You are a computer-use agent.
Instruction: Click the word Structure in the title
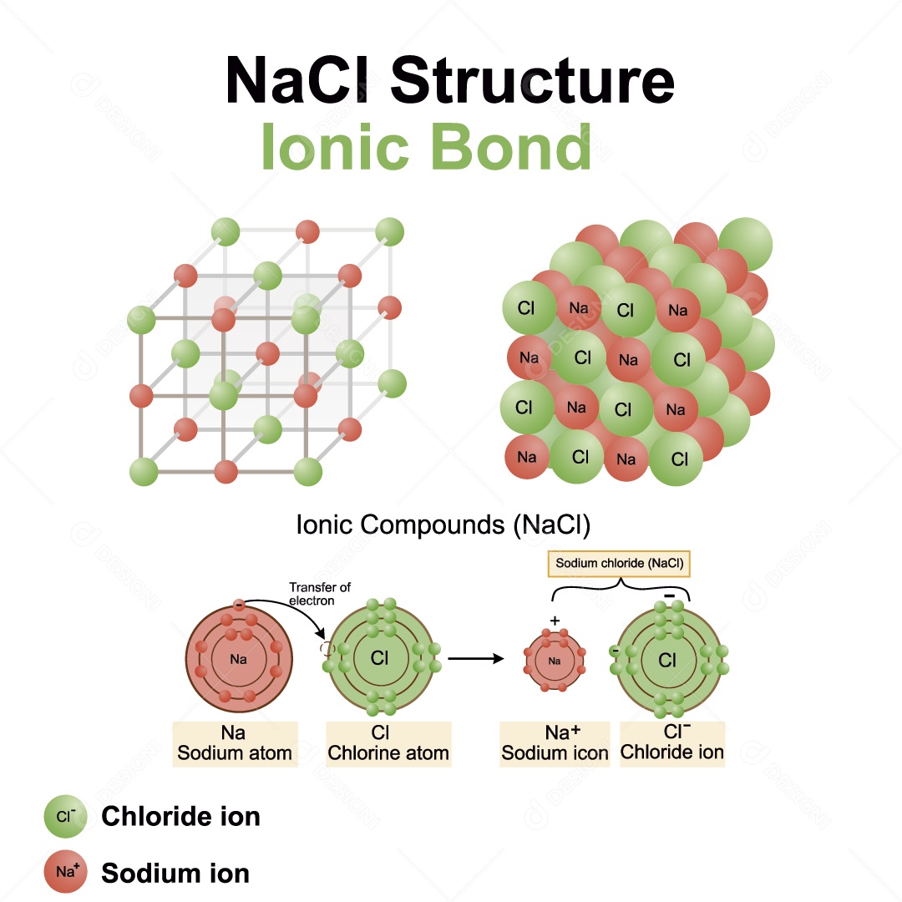click(x=531, y=80)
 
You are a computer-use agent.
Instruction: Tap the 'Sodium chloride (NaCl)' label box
click(x=620, y=564)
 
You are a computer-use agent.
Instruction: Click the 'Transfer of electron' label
click(x=319, y=594)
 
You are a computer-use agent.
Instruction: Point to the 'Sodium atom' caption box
click(x=235, y=743)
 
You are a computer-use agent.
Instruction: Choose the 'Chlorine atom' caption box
click(x=388, y=743)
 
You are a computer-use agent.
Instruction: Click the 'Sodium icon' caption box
click(x=555, y=743)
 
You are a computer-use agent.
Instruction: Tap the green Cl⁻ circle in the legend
click(x=65, y=816)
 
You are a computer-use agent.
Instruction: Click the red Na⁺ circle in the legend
click(x=65, y=872)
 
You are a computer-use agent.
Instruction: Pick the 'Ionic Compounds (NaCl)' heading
click(x=443, y=525)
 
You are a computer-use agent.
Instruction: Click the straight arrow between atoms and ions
click(x=476, y=658)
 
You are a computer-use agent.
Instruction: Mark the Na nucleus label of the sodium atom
click(x=239, y=659)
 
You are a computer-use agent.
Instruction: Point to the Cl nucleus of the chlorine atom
click(x=380, y=658)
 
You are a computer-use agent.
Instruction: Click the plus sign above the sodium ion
click(x=555, y=621)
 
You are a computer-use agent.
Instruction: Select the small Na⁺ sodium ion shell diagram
click(x=555, y=661)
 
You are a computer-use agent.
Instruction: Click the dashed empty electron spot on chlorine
click(x=327, y=648)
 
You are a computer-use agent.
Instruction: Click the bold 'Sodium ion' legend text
click(x=175, y=874)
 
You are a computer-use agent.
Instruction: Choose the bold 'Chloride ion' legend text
click(x=180, y=816)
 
